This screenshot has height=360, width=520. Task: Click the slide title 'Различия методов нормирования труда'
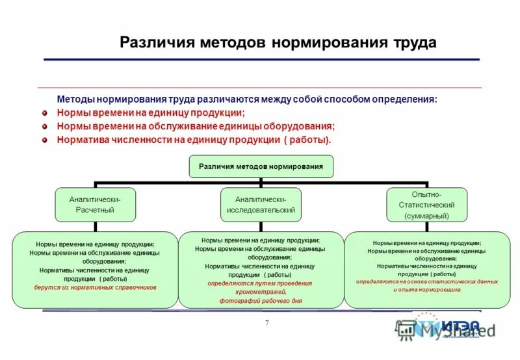coord(278,43)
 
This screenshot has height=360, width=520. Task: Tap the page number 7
coord(266,324)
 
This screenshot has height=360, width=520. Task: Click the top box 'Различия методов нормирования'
coord(261,166)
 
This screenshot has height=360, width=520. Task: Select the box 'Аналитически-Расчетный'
coord(95,204)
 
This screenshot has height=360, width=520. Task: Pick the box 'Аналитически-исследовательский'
coord(261,204)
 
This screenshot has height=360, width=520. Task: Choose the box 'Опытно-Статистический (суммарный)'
coord(426,204)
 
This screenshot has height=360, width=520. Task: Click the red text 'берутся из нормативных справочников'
coord(95,287)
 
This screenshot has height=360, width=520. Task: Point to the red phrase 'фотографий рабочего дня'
coord(261,302)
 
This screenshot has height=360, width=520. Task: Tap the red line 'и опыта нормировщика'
coord(427,289)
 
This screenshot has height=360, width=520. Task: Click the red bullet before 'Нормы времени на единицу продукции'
coord(45,112)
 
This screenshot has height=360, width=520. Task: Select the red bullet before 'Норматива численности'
coord(45,139)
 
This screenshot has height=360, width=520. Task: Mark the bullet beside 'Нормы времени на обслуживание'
coord(45,126)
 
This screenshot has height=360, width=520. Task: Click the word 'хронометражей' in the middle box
coord(261,292)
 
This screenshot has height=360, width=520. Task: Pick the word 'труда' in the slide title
coord(413,43)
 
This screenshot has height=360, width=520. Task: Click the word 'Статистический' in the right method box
coord(426,204)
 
